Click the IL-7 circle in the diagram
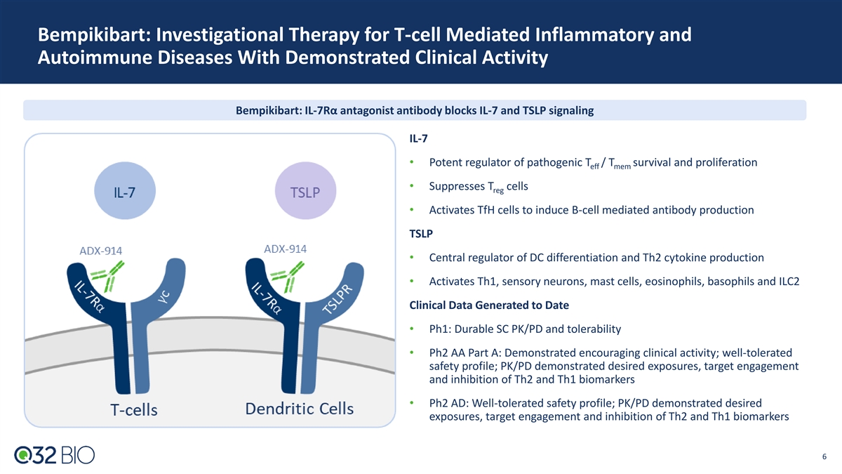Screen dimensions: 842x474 [x=125, y=191]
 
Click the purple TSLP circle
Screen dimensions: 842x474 [x=306, y=191]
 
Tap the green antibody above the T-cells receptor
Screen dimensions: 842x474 [x=109, y=277]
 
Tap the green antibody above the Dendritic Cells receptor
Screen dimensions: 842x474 [x=288, y=277]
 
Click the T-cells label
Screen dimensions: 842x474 [x=134, y=409]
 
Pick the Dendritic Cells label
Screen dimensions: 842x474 [x=300, y=409]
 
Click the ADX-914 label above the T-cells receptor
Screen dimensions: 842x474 [x=101, y=251]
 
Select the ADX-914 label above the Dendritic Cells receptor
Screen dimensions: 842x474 [x=286, y=249]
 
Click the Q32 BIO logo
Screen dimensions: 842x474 [x=55, y=455]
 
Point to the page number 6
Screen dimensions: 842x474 [x=824, y=456]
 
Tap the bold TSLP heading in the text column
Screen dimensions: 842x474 [x=421, y=234]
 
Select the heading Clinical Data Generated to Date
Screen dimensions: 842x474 [x=489, y=305]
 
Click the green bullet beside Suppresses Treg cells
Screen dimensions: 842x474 [x=412, y=186]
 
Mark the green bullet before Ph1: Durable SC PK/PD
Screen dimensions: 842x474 [x=412, y=329]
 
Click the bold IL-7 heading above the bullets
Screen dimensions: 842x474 [x=418, y=138]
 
